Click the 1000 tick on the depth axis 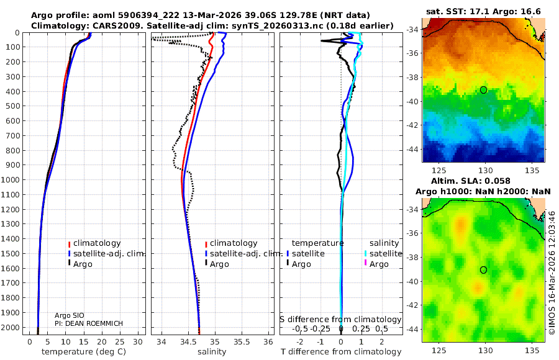pos(14,180)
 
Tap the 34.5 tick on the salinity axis pos(189,341)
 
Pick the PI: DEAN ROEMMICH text pos(88,323)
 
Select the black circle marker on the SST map pos(484,90)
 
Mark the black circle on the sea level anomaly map pos(484,270)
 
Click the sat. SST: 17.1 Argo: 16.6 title pos(483,12)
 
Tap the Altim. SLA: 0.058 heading pos(483,179)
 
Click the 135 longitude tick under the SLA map pos(532,351)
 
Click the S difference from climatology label pos(340,319)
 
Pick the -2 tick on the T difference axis pos(301,341)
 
